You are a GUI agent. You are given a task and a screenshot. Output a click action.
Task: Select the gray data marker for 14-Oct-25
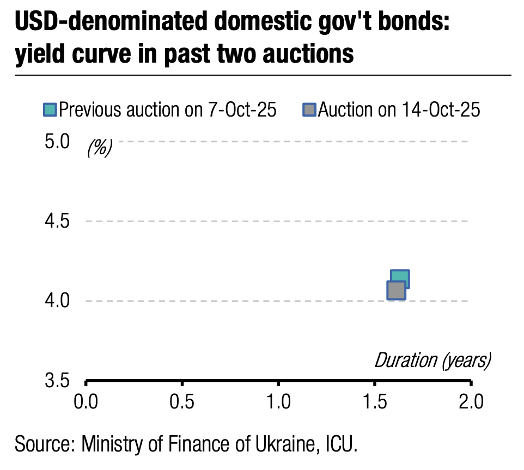pyautogui.click(x=396, y=290)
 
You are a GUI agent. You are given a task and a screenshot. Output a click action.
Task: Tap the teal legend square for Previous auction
pyautogui.click(x=50, y=110)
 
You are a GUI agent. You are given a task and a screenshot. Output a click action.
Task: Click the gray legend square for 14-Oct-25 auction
pyautogui.click(x=309, y=110)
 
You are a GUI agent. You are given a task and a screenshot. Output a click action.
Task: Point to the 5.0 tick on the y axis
pyautogui.click(x=57, y=142)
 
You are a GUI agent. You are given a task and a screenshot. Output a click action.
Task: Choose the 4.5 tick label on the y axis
pyautogui.click(x=57, y=222)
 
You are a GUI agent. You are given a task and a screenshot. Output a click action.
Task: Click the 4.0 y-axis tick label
pyautogui.click(x=57, y=301)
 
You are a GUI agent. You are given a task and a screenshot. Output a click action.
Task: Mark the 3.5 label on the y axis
pyautogui.click(x=57, y=380)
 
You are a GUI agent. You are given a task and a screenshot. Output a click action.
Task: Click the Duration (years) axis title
pyautogui.click(x=432, y=360)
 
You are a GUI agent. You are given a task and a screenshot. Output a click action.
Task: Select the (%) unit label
pyautogui.click(x=99, y=147)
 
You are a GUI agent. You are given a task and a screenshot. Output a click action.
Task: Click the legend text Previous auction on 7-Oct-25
pyautogui.click(x=168, y=110)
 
